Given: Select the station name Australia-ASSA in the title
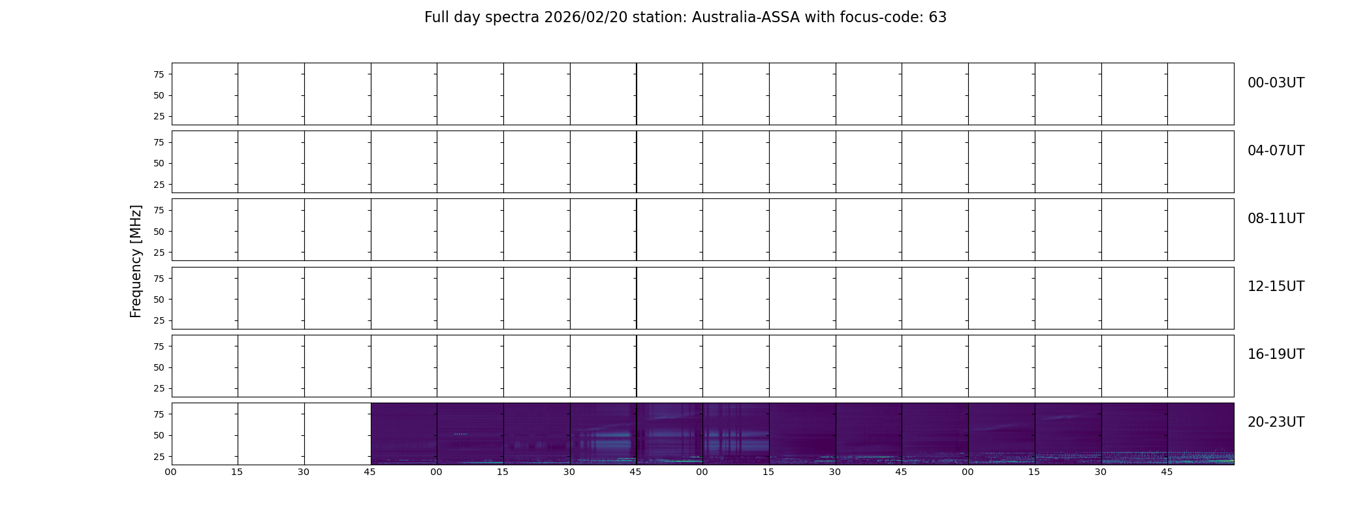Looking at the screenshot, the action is click(x=746, y=18).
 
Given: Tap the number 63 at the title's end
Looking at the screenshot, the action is click(x=938, y=18).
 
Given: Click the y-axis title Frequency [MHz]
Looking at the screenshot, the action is click(x=136, y=261).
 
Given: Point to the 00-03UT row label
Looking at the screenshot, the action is click(x=1276, y=83).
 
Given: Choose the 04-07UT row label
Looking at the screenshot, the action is click(x=1276, y=151).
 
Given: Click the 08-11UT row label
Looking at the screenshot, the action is click(x=1276, y=219).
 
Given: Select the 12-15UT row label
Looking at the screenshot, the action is click(x=1276, y=286).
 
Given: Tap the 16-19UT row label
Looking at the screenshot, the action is click(x=1276, y=354).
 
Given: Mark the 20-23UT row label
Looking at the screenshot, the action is click(x=1276, y=422).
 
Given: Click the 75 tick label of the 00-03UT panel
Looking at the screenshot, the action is click(x=159, y=74).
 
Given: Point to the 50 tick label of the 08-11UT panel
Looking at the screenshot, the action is click(x=159, y=232).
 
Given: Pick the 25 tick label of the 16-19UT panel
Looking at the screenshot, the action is click(x=159, y=388).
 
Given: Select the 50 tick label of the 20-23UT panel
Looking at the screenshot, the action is click(x=159, y=435).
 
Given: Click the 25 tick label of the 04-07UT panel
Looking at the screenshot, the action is click(x=159, y=185).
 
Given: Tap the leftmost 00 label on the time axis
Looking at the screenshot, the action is click(x=171, y=472).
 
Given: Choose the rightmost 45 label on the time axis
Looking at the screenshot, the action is click(x=1167, y=472).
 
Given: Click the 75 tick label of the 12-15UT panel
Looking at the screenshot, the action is click(x=159, y=279).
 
